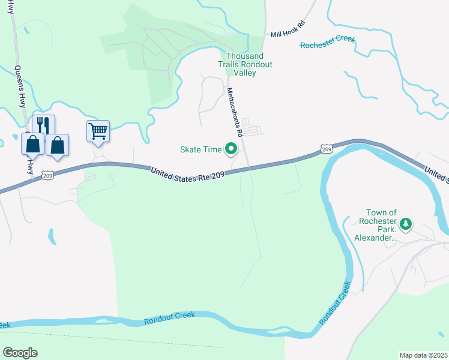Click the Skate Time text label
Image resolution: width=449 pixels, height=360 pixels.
[x=201, y=149]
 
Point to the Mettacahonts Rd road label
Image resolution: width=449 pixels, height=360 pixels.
[x=234, y=112]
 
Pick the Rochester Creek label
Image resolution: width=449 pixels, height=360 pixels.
[x=328, y=43]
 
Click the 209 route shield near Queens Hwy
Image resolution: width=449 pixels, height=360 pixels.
[x=48, y=175]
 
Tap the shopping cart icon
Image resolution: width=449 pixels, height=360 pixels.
[x=98, y=130]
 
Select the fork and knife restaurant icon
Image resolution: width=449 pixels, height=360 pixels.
[x=43, y=124]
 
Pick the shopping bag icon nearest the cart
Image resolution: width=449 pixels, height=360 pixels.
[x=58, y=145]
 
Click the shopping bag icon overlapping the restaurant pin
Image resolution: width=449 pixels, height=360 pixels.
[x=32, y=145]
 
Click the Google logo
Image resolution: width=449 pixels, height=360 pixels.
[x=20, y=352]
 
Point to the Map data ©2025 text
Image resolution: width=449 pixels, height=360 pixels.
[x=423, y=355]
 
